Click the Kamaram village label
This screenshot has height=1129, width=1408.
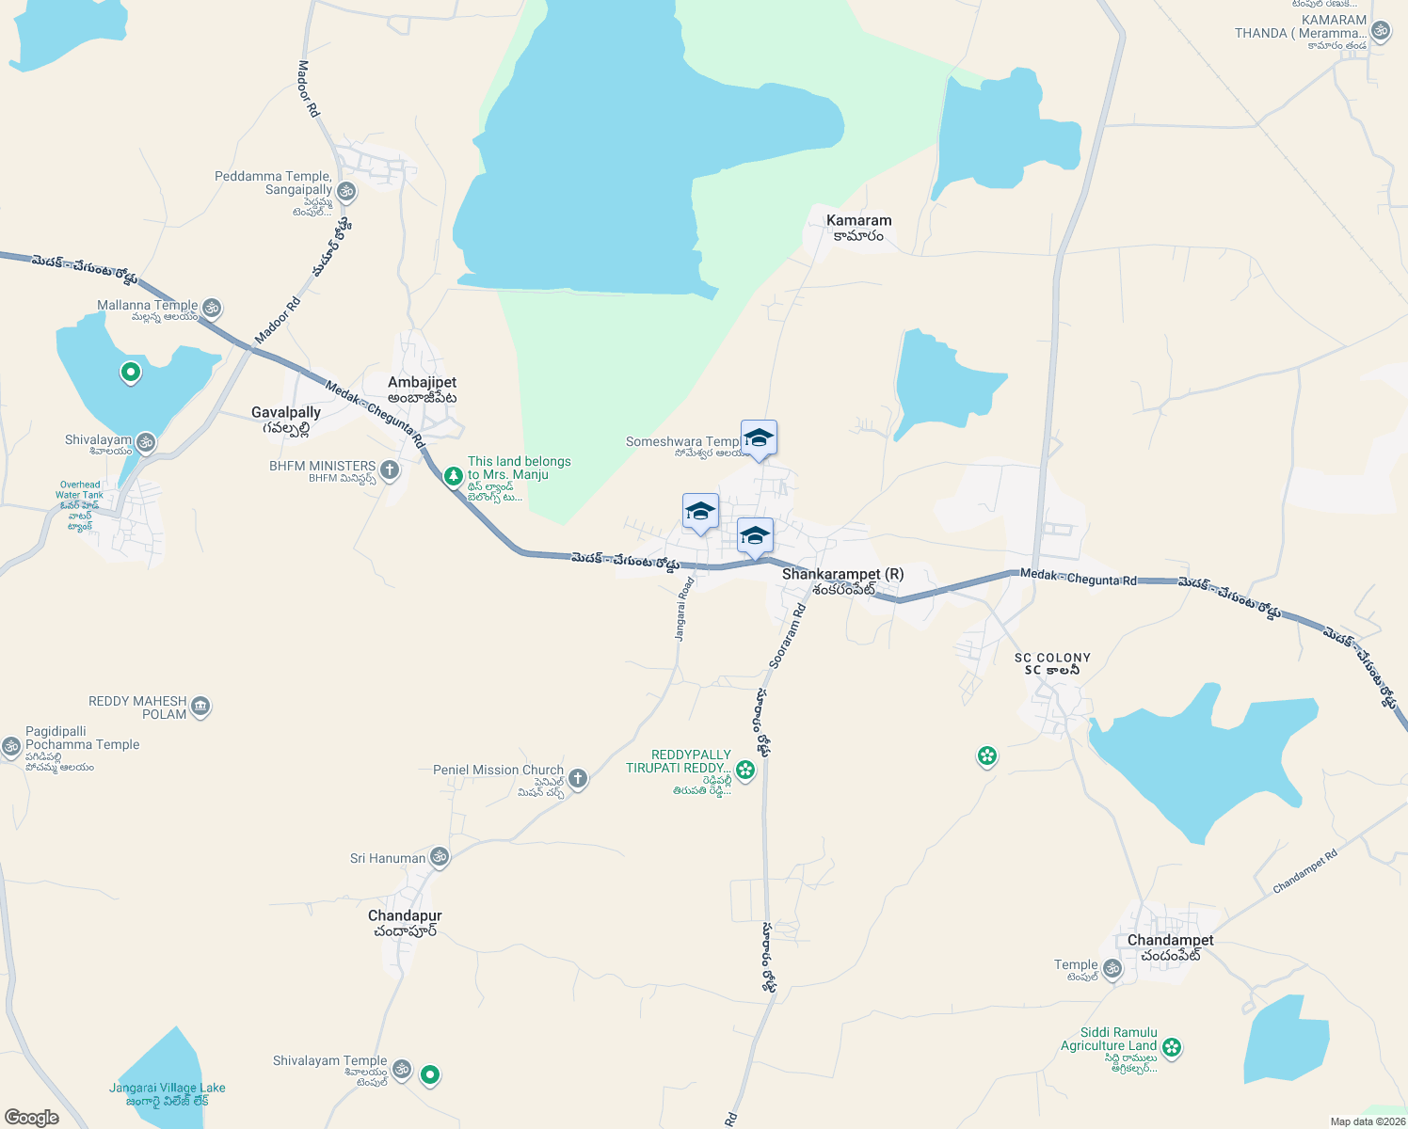858,221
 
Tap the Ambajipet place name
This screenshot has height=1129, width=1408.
423,383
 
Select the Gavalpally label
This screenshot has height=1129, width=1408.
286,413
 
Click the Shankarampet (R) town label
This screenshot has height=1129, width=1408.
842,575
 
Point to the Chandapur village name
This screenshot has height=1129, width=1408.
405,916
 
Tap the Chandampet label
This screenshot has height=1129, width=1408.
1171,941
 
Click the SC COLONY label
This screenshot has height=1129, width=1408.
1052,659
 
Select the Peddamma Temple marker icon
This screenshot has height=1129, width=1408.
346,192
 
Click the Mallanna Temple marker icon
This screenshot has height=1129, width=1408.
212,307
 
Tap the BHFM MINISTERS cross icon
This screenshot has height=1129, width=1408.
390,469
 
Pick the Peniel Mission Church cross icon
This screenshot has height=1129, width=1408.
578,778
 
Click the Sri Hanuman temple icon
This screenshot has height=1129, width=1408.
439,857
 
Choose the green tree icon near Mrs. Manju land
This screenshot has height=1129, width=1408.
454,476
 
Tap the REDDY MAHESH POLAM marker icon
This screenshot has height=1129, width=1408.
200,707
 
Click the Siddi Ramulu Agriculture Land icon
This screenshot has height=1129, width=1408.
1171,1047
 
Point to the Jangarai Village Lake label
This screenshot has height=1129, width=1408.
168,1089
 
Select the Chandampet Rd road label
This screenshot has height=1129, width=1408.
1304,873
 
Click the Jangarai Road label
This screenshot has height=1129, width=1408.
684,610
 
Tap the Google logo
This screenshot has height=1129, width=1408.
32,1118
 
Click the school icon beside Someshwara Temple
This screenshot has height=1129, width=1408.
759,438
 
